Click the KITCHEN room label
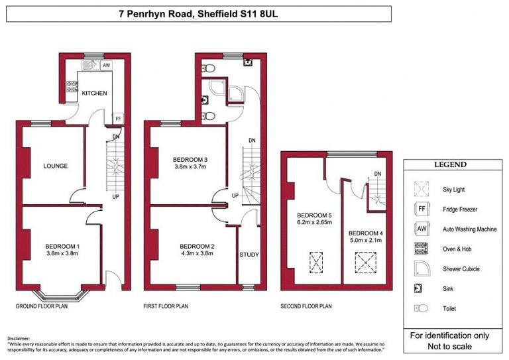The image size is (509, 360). pyautogui.click(x=94, y=93)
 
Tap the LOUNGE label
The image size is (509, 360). pyautogui.click(x=56, y=166)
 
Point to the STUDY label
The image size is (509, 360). pyautogui.click(x=249, y=255)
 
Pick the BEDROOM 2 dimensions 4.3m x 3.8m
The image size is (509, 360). pyautogui.click(x=197, y=253)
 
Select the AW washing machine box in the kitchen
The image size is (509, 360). pyautogui.click(x=105, y=66)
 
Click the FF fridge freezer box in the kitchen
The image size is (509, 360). pyautogui.click(x=118, y=119)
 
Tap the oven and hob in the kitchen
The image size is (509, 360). pyautogui.click(x=70, y=86)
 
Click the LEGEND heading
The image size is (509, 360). pyautogui.click(x=450, y=165)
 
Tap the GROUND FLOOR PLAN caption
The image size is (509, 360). pyautogui.click(x=43, y=306)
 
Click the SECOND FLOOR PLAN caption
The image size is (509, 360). pyautogui.click(x=307, y=306)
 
